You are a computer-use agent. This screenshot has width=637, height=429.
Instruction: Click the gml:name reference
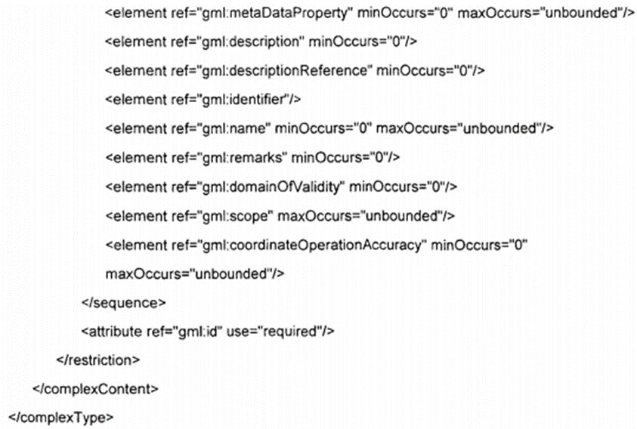tap(230, 128)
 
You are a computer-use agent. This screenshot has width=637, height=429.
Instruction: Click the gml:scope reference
tap(233, 216)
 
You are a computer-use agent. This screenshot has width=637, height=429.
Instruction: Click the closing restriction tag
tap(98, 360)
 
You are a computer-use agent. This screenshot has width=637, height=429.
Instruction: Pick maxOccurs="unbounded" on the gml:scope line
tap(366, 216)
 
